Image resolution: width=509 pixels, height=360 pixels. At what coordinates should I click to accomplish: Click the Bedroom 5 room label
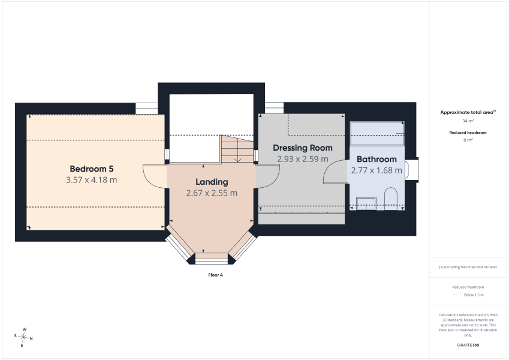(x=92, y=169)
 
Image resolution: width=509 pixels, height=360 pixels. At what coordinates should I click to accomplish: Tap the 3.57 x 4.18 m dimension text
(x=92, y=180)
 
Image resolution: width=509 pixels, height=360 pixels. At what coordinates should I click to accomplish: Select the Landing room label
(x=212, y=182)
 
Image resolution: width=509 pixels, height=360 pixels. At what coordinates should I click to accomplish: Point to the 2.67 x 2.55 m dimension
(x=212, y=193)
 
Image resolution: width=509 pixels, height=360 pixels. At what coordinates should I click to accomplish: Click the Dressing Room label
(x=303, y=148)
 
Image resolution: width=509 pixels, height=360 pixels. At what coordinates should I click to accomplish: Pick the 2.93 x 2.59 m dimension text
(x=303, y=159)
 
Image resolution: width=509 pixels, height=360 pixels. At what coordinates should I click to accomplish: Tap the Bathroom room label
(x=377, y=159)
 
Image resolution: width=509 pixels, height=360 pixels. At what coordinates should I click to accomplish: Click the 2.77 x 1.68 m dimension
(x=377, y=170)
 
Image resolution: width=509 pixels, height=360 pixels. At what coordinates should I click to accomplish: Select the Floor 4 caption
(x=216, y=275)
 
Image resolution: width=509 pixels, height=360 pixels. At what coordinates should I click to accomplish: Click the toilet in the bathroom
(x=391, y=199)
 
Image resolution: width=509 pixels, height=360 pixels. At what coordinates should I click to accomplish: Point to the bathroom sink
(x=366, y=203)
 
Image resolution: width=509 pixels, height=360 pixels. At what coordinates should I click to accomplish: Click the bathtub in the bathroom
(x=377, y=134)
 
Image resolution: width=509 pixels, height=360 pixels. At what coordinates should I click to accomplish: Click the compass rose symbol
(x=23, y=337)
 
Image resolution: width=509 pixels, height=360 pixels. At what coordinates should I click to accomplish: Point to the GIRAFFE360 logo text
(x=468, y=345)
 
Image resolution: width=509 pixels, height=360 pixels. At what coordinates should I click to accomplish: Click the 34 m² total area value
(x=468, y=121)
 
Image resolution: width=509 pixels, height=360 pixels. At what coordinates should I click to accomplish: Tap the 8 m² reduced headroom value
(x=468, y=140)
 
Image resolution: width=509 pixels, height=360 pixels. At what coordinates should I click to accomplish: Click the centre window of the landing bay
(x=212, y=259)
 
